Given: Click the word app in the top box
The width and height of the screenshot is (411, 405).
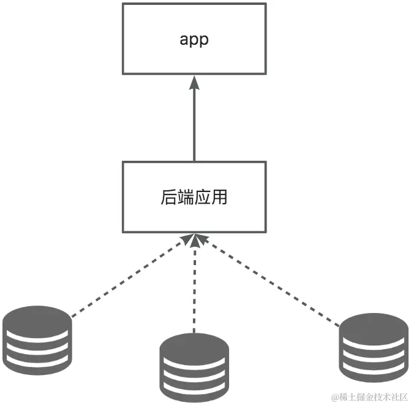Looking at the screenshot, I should point(194,40).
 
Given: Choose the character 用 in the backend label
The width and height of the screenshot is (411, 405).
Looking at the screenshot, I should point(217,198).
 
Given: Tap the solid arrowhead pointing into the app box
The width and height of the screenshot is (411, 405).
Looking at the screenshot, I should point(194,83).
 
